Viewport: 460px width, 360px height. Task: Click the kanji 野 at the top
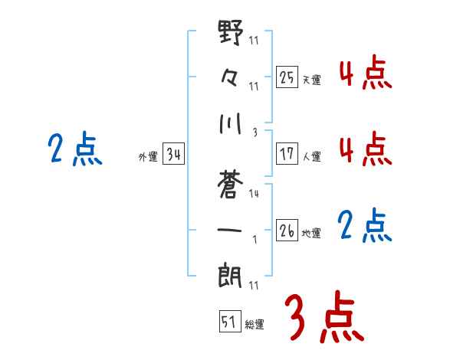point(231,35)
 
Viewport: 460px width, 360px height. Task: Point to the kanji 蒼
point(231,182)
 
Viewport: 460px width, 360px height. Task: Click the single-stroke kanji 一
point(231,229)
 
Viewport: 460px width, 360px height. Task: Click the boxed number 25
point(287,77)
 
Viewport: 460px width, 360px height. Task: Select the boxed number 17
point(287,153)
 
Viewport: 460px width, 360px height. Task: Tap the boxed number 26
point(287,230)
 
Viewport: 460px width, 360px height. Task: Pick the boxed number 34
point(173,155)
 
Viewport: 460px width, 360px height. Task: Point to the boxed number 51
point(228,321)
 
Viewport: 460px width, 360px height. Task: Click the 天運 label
point(311,80)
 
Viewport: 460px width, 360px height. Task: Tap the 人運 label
point(311,156)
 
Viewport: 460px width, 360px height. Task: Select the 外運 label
point(148,157)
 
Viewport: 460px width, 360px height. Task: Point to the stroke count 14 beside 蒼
point(254,194)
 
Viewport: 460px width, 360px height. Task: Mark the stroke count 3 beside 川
point(254,132)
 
